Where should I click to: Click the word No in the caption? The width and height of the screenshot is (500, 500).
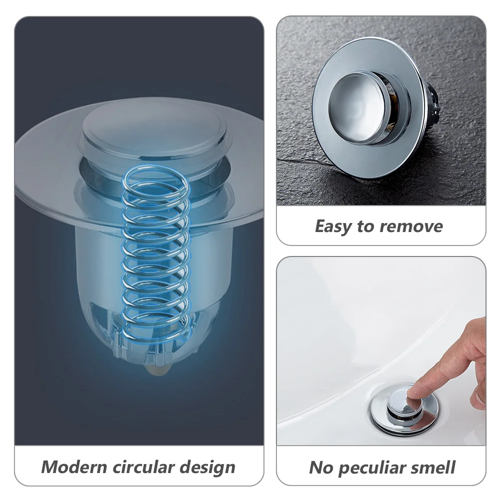321,468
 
